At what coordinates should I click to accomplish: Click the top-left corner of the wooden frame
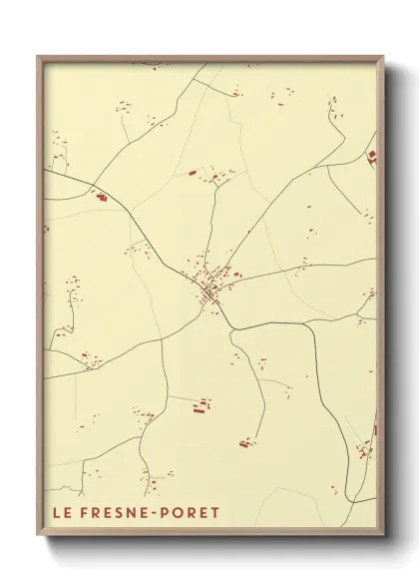tap(38, 57)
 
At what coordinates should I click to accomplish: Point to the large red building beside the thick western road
tap(101, 198)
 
